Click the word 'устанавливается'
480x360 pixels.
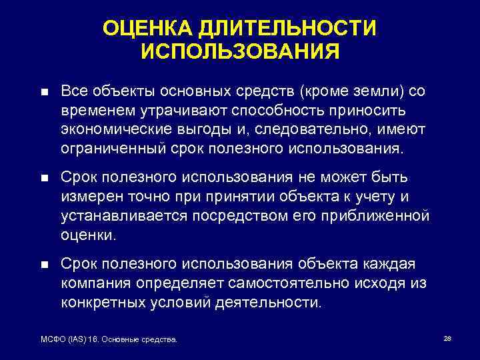coord(122,217)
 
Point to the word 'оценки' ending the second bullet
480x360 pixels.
coord(88,235)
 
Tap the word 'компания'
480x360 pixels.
coord(96,284)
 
